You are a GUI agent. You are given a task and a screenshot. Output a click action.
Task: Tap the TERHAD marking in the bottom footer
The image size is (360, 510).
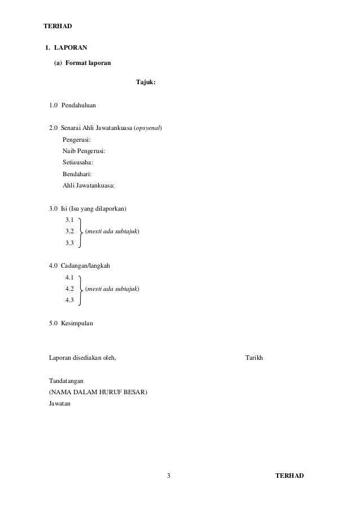point(289,476)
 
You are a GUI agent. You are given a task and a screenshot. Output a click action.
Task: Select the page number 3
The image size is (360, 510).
point(168,476)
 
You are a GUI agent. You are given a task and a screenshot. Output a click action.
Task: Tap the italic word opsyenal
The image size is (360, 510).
point(148,128)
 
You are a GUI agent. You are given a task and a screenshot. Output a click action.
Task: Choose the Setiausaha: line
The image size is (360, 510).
point(78,162)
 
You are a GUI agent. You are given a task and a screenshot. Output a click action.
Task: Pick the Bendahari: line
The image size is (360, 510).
point(77,174)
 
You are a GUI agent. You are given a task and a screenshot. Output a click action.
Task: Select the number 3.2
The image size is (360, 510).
point(71,232)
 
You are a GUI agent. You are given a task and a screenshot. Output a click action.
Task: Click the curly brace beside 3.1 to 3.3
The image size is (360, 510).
point(81,232)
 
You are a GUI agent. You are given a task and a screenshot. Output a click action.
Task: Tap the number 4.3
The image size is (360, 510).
point(71,300)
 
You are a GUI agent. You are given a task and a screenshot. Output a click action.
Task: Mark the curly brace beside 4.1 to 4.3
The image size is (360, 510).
point(81,289)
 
